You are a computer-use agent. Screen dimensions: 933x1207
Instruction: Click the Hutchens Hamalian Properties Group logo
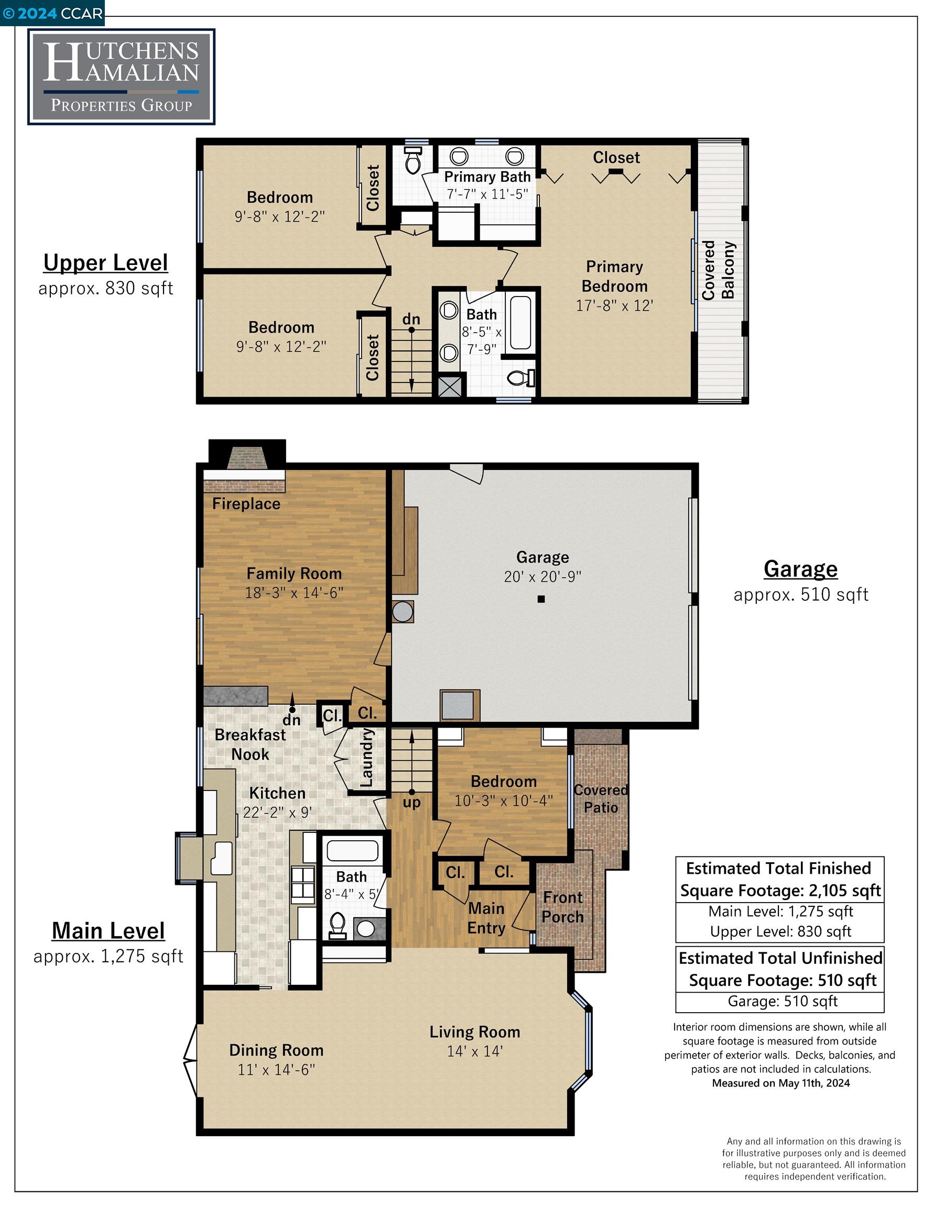point(121,76)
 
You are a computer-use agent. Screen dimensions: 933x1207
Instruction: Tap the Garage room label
point(542,557)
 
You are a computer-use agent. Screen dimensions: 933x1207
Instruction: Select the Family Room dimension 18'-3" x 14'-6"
point(294,593)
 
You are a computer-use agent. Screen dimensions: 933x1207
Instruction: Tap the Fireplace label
point(246,504)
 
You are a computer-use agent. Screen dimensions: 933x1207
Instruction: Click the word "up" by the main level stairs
point(411,803)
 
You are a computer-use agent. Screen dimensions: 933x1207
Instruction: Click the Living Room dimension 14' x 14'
point(474,1051)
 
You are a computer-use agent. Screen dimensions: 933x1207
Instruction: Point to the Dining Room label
point(276,1050)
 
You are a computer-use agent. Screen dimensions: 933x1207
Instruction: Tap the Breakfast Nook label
point(250,744)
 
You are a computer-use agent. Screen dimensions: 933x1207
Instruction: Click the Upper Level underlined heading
point(106,263)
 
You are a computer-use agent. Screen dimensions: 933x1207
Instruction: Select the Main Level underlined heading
point(109,931)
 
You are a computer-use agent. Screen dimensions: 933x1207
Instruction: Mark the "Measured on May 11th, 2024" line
point(781,1083)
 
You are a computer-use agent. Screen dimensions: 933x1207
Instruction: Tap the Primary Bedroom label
point(614,276)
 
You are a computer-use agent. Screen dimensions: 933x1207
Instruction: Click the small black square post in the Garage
point(541,599)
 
